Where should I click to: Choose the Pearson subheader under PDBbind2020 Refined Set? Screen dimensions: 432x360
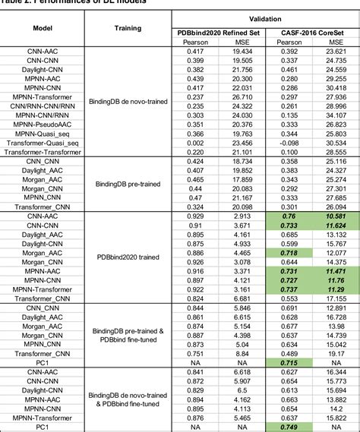point(194,45)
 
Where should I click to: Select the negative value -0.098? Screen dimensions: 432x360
point(289,142)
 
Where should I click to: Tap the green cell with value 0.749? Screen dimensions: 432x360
point(289,427)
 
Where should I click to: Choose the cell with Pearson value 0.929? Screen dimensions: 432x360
point(194,216)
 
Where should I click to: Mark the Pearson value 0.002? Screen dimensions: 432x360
point(194,142)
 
